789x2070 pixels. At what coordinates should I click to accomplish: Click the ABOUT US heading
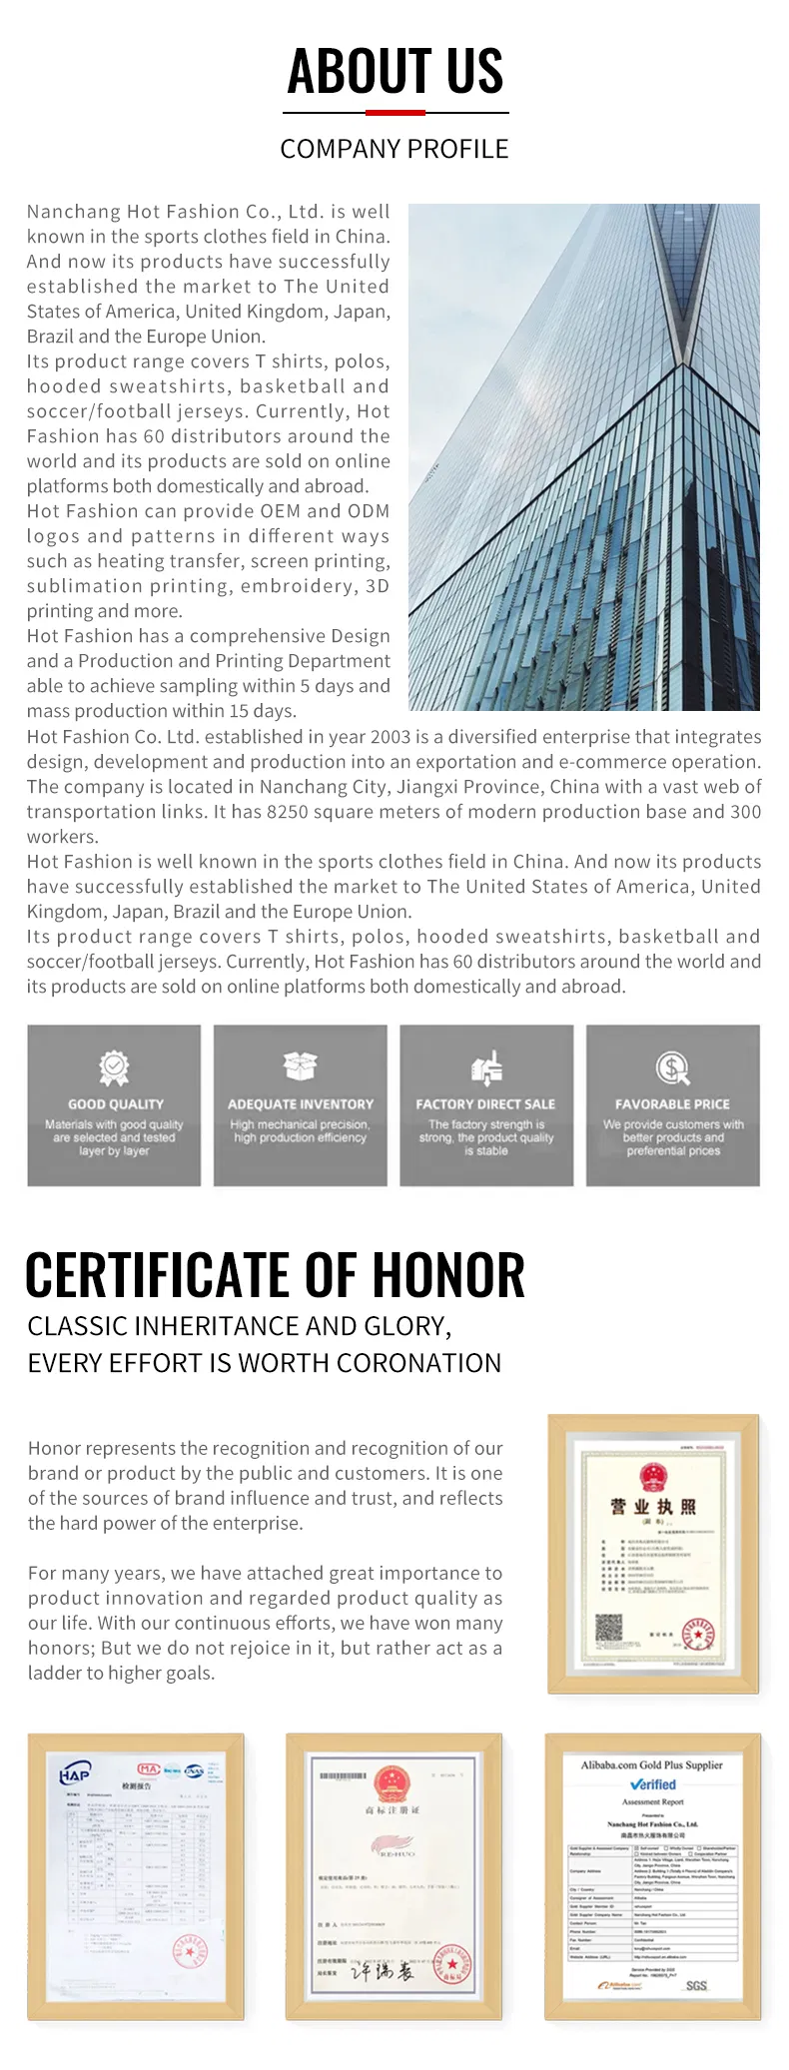(394, 71)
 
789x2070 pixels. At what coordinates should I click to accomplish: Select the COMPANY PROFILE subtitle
(394, 149)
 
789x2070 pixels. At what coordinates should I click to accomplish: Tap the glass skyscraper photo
(584, 456)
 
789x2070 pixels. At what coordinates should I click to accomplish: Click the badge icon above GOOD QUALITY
(114, 1067)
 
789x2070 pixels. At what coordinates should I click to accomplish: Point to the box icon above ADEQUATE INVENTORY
(300, 1066)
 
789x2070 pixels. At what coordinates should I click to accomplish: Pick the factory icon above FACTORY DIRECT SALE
(486, 1067)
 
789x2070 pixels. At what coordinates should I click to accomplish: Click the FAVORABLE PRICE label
(672, 1104)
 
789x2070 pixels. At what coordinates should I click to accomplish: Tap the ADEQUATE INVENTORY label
(300, 1104)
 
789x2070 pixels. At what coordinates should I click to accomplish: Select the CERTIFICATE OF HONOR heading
(275, 1275)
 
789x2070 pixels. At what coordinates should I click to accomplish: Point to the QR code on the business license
(608, 1631)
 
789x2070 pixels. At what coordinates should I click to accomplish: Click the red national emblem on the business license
(653, 1477)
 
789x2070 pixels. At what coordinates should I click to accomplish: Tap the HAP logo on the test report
(75, 1774)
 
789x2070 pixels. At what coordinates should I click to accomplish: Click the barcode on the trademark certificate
(343, 1776)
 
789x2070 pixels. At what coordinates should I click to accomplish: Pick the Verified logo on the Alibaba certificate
(653, 1784)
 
